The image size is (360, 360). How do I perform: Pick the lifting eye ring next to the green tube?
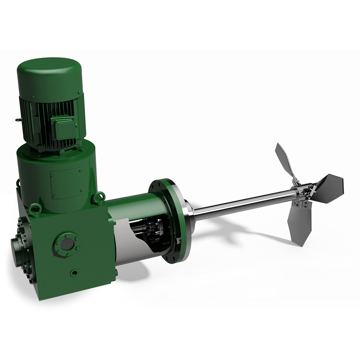tap(99, 198)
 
